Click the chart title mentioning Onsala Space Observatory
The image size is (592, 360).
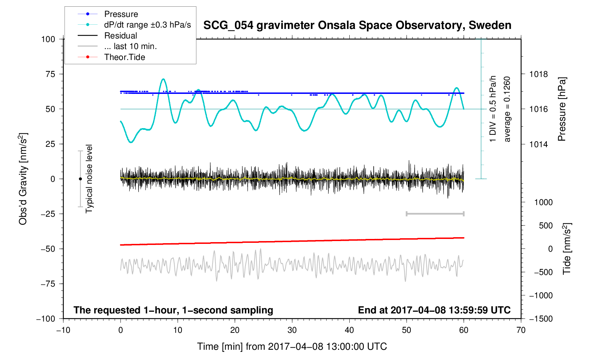[357, 25]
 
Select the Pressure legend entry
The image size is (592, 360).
[121, 14]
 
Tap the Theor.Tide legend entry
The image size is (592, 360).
[124, 57]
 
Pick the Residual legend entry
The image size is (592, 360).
[120, 36]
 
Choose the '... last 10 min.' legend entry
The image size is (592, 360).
[130, 47]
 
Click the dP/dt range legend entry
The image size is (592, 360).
[147, 25]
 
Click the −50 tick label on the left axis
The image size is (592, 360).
[48, 249]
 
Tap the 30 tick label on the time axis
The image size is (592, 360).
[292, 330]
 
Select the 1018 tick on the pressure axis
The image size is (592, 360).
[538, 74]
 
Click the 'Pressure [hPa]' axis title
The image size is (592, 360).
[562, 109]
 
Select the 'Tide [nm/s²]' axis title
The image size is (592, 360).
[567, 249]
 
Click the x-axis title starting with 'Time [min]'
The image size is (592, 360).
[292, 347]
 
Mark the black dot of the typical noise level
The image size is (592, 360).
[80, 179]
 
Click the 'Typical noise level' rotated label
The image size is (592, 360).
[89, 179]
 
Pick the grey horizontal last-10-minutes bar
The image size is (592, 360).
[435, 214]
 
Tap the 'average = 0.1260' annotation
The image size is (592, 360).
[507, 109]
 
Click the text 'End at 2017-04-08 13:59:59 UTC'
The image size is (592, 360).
[434, 310]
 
